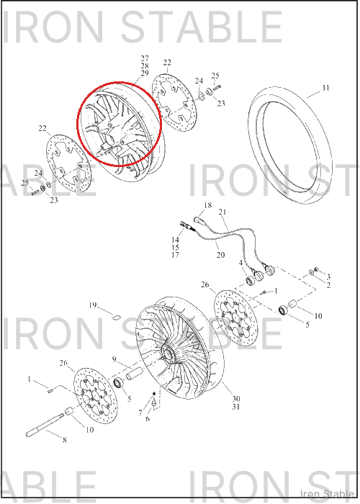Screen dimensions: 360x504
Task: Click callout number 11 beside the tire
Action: click(x=325, y=88)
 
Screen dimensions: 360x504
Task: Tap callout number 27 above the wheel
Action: click(x=145, y=58)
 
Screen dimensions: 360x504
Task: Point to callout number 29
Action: click(x=145, y=73)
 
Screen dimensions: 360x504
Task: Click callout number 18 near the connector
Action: click(x=208, y=205)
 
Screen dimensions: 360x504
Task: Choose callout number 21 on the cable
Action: click(x=222, y=212)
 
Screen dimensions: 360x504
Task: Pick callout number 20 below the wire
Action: click(x=220, y=255)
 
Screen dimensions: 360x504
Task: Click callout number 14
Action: click(x=175, y=240)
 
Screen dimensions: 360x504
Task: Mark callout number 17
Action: click(x=175, y=255)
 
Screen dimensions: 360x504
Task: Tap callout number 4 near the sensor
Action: click(x=240, y=263)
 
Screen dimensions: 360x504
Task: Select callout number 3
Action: click(x=328, y=276)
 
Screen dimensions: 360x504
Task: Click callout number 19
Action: click(x=93, y=305)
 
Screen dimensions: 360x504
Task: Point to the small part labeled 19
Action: click(x=116, y=318)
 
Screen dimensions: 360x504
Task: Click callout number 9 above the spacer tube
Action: click(x=114, y=359)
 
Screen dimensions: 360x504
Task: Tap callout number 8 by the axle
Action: click(x=65, y=440)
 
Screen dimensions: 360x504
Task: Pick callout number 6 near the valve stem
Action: click(x=148, y=418)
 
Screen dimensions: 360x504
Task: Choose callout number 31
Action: click(x=236, y=407)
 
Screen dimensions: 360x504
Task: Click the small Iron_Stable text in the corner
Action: click(x=327, y=493)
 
